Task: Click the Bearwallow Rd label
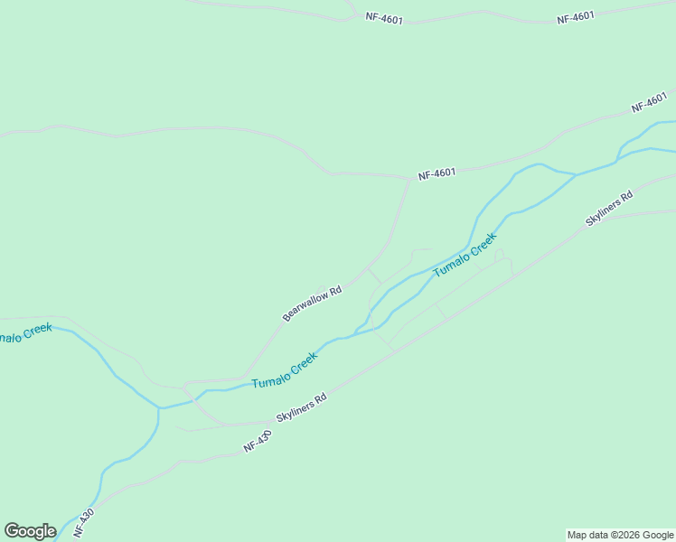(x=312, y=304)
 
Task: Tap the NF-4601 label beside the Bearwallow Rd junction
(x=437, y=173)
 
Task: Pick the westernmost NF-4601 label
(x=384, y=17)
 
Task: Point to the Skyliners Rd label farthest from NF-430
(x=609, y=209)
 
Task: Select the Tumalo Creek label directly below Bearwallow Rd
(x=285, y=370)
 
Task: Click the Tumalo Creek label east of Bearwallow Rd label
(x=465, y=256)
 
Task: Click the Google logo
(x=30, y=531)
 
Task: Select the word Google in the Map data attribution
(x=658, y=535)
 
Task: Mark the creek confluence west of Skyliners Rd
(x=160, y=408)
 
